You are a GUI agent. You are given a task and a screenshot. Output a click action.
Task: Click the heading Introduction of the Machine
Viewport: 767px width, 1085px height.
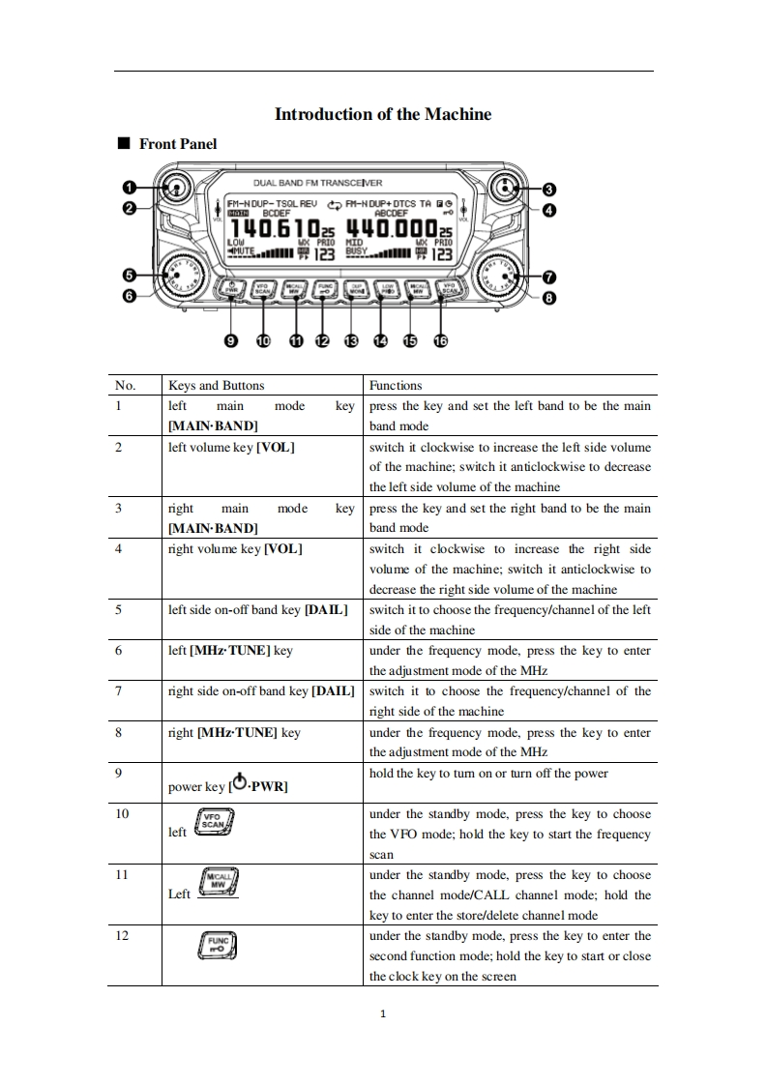pyautogui.click(x=383, y=114)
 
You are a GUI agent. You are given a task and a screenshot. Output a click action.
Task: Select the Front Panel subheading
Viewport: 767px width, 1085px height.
pyautogui.click(x=177, y=144)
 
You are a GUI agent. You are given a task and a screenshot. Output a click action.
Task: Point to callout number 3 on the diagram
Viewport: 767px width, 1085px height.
pyautogui.click(x=548, y=189)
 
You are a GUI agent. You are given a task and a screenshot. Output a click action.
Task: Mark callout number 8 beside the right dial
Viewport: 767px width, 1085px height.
pyautogui.click(x=548, y=298)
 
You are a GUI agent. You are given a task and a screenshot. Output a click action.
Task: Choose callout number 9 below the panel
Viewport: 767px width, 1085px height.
pyautogui.click(x=230, y=340)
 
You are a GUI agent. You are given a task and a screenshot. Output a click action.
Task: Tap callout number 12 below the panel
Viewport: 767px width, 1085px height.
pyautogui.click(x=322, y=340)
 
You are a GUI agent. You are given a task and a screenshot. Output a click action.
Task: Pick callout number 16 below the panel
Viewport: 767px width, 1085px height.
pyautogui.click(x=441, y=340)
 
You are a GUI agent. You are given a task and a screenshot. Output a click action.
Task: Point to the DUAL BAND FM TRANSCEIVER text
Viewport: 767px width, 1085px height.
pyautogui.click(x=317, y=183)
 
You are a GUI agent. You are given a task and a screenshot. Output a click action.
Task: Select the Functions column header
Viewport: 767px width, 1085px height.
pyautogui.click(x=396, y=385)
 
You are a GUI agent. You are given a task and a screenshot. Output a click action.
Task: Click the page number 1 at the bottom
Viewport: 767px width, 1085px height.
pyautogui.click(x=383, y=1014)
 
